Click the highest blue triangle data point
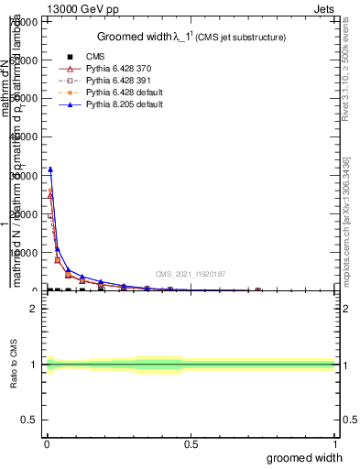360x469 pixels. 50,169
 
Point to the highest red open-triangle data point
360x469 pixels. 50,195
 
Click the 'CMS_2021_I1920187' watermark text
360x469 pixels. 190,273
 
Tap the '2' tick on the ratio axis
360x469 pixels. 34,309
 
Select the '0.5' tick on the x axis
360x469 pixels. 191,444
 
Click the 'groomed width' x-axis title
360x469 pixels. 305,457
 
